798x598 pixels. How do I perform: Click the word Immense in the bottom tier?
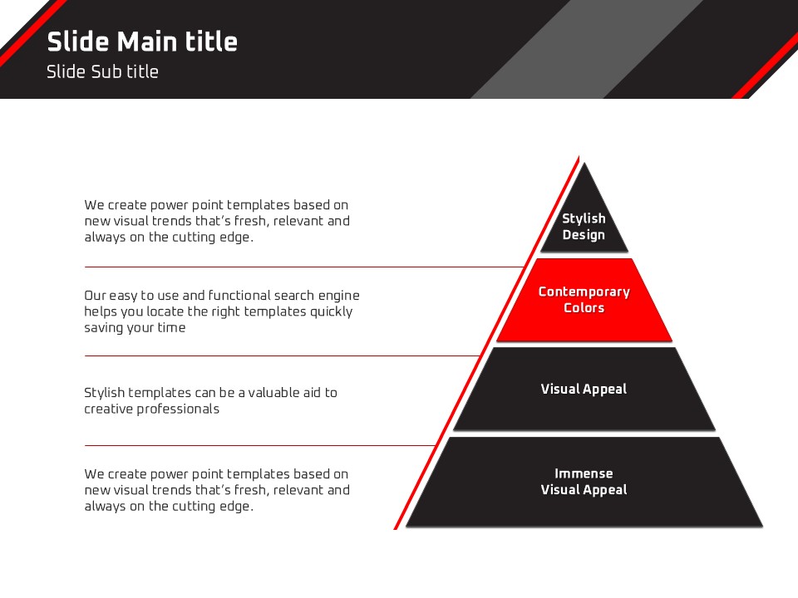(x=584, y=473)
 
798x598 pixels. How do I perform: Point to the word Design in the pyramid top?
(x=584, y=235)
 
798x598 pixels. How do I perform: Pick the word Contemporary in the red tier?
(x=584, y=292)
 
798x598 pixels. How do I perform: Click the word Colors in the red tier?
(x=584, y=308)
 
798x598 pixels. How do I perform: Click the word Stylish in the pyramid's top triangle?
(x=584, y=218)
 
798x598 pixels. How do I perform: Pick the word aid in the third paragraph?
(x=311, y=393)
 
